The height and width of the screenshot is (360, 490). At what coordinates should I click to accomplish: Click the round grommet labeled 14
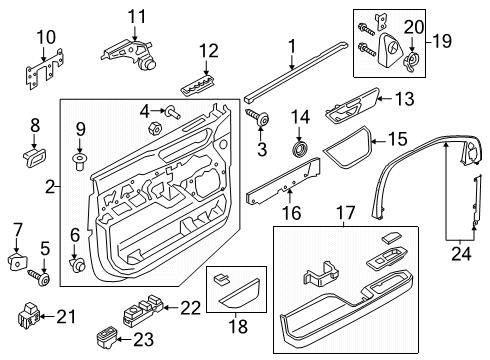(299, 150)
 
